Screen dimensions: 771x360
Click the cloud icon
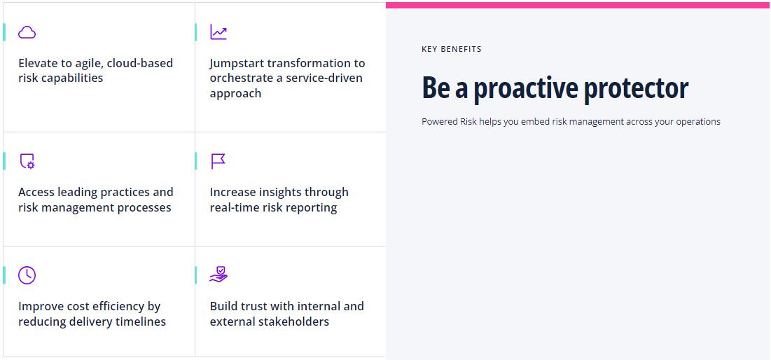27,32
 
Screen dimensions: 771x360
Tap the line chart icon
218,32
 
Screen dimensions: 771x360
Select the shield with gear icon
27,161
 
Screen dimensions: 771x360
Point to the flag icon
218,161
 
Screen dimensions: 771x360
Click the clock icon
27,275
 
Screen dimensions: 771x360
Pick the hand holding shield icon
218,275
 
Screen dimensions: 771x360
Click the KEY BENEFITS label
452,49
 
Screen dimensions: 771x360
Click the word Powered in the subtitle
439,121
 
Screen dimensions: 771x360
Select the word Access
36,192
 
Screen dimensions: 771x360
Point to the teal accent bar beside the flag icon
195,161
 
